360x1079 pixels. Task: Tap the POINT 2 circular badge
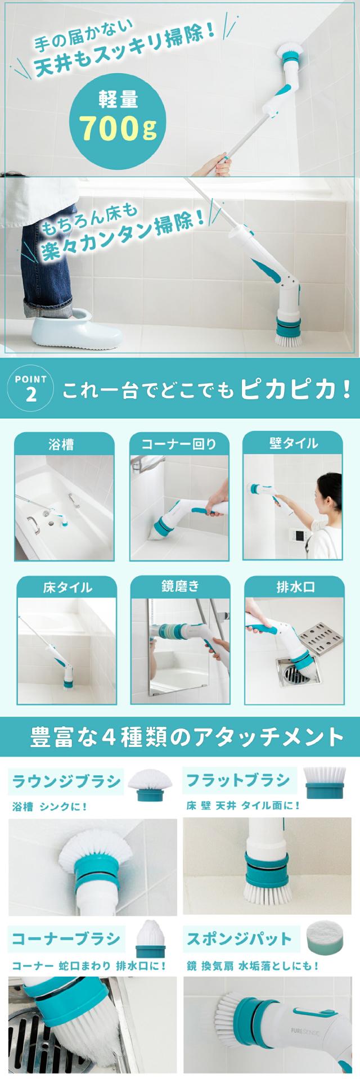pos(31,388)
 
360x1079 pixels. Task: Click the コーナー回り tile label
pos(178,444)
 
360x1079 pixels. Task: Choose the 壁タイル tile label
pos(293,443)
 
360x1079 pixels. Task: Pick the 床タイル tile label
pos(67,587)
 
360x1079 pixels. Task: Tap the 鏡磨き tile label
pos(179,586)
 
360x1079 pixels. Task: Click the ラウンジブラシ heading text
pos(66,781)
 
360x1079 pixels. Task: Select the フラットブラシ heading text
pos(238,780)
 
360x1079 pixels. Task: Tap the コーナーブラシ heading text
pos(66,938)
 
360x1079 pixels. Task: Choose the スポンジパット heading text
pos(239,938)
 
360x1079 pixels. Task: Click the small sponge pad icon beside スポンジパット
pos(324,936)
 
